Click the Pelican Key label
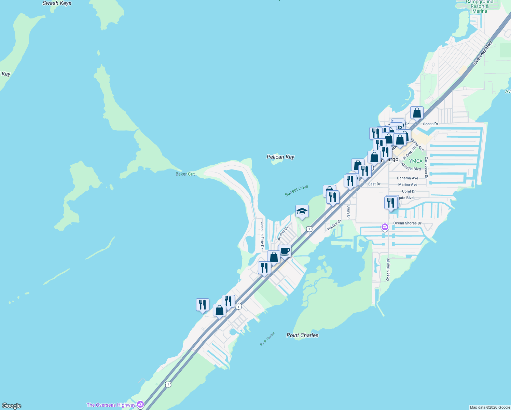pos(280,157)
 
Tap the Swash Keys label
pos(57,3)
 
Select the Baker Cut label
pos(185,174)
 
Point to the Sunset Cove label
pos(296,191)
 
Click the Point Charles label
pos(302,335)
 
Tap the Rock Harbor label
pos(267,339)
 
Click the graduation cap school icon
pos(302,211)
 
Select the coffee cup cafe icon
pos(285,251)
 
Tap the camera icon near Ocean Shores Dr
pos(385,227)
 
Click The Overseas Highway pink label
pos(111,405)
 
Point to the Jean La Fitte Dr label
pos(262,235)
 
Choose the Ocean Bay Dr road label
pos(388,270)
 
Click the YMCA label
pos(416,161)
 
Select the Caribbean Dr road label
pos(426,167)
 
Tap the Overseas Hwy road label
pos(483,53)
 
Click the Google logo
pos(12,406)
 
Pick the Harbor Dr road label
pos(334,225)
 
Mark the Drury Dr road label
pos(348,212)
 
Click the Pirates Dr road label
pos(283,233)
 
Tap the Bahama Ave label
pos(408,178)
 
